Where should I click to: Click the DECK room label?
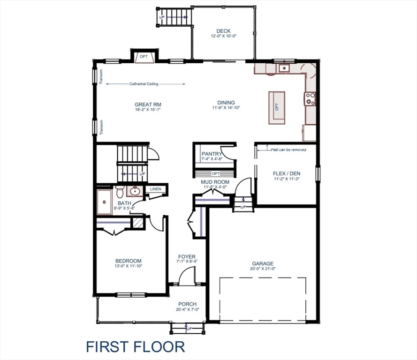tap(223, 31)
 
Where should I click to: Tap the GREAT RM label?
tap(148, 105)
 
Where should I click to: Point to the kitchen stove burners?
tap(310, 98)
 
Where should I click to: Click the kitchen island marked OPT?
tap(277, 107)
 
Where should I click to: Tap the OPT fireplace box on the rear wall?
tap(144, 57)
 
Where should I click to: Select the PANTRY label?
tap(212, 154)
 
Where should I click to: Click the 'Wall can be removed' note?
tap(288, 150)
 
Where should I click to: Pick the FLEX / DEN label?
tap(286, 173)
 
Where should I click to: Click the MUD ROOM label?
tap(215, 182)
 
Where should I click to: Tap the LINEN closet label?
tap(155, 189)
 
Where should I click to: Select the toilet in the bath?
tap(120, 192)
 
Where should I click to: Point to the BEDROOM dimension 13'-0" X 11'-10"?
tap(128, 266)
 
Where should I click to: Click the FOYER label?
tap(186, 256)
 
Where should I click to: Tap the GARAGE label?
tap(262, 263)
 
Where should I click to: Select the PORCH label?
tap(187, 304)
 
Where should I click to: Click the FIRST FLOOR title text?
tap(135, 346)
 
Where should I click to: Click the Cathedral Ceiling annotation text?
tap(144, 84)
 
